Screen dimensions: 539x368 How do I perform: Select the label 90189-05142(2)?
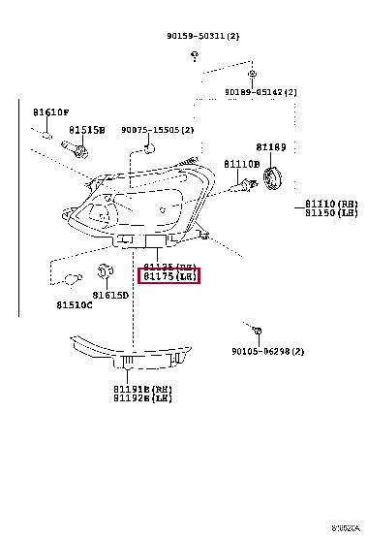point(261,92)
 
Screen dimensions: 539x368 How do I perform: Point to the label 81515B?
point(86,129)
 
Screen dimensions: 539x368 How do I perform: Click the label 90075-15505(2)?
point(157,129)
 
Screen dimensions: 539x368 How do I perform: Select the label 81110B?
point(241,165)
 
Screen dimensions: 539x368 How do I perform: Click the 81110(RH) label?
point(331,204)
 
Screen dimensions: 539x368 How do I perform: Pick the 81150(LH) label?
point(331,213)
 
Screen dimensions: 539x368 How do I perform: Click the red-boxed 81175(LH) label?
point(170,276)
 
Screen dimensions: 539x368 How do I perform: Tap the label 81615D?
point(110,295)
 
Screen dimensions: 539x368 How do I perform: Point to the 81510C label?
point(74,305)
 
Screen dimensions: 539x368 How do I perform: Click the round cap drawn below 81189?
point(273,177)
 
